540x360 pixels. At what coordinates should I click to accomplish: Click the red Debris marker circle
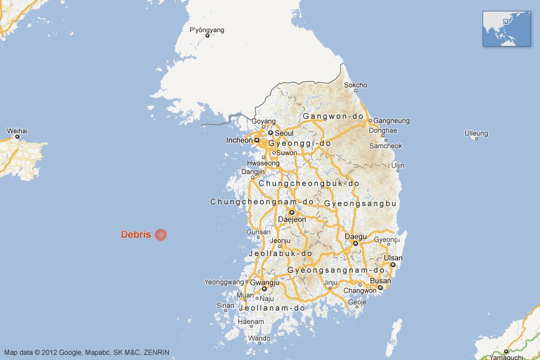(x=161, y=234)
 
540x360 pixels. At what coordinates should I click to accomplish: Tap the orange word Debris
(x=136, y=234)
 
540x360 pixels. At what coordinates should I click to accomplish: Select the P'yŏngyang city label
(x=207, y=30)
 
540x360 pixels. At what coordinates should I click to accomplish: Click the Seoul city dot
(x=271, y=133)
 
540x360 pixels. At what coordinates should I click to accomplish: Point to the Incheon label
(x=240, y=140)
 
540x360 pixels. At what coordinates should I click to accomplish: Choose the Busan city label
(x=380, y=281)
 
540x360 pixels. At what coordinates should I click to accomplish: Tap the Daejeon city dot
(x=292, y=212)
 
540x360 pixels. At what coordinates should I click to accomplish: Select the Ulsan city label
(x=394, y=258)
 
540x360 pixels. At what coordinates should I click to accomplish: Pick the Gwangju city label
(x=265, y=282)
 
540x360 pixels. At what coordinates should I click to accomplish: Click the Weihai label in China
(x=17, y=131)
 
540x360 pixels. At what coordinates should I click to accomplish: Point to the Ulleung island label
(x=476, y=134)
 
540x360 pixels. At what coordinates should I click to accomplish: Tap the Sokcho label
(x=356, y=85)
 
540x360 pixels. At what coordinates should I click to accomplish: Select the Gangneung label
(x=392, y=121)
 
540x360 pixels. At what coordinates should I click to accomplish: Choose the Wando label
(x=259, y=338)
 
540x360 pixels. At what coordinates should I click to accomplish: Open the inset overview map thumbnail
(x=506, y=28)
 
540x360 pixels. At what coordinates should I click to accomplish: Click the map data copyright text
(x=87, y=352)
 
